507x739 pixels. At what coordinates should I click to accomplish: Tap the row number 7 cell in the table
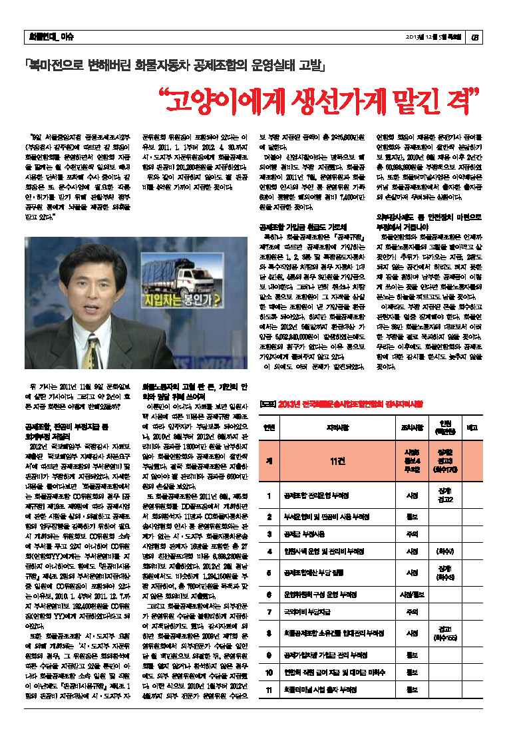coord(268,611)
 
